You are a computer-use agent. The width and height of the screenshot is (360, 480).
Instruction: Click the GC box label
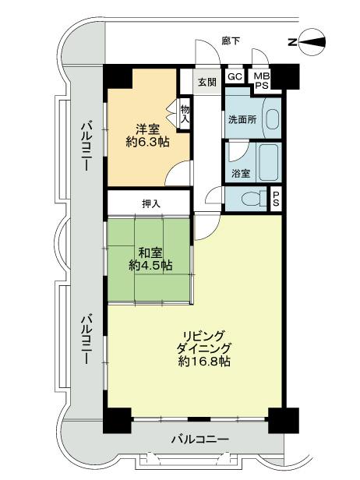[x=234, y=76]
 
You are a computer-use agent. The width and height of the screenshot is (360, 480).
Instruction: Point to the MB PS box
[x=260, y=80]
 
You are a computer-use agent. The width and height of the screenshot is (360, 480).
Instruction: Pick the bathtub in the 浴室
[x=266, y=162]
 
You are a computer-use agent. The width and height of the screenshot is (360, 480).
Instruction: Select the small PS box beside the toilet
[x=276, y=199]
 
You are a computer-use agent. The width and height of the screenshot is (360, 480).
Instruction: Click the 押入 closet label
[x=151, y=203]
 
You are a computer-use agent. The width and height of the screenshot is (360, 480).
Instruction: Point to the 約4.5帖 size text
[x=150, y=266]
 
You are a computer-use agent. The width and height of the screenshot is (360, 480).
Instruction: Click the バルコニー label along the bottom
[x=199, y=439]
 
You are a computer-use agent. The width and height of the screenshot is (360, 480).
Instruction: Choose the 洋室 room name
[x=148, y=129]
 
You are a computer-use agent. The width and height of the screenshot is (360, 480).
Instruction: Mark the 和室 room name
[x=150, y=252]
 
